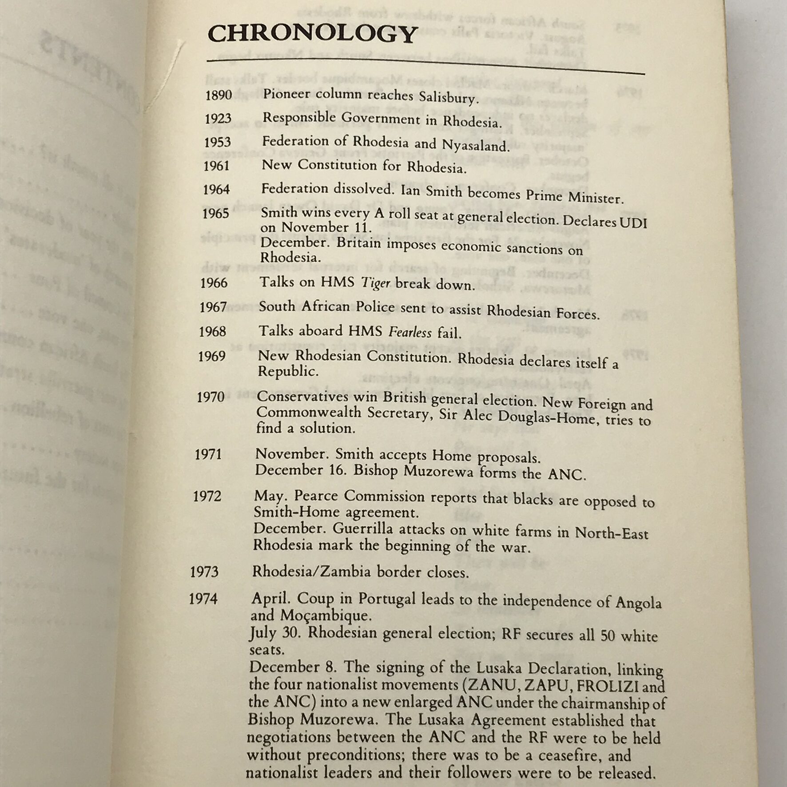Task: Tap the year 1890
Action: [219, 95]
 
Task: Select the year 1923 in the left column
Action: [218, 119]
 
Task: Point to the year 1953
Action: [217, 142]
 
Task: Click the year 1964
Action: [216, 190]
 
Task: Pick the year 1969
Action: [212, 356]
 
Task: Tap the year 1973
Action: [204, 572]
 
